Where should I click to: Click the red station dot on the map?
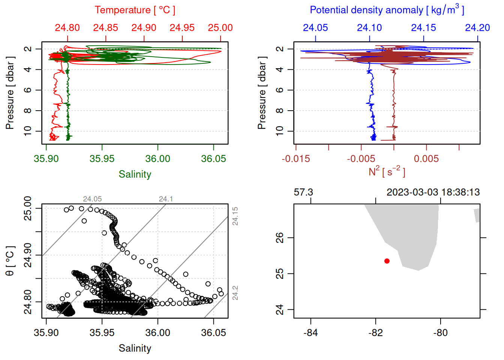(x=387, y=261)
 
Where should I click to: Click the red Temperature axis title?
(x=135, y=10)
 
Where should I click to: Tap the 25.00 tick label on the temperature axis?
(x=220, y=28)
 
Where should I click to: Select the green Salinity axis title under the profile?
(x=135, y=174)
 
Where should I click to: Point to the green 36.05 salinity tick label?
(x=213, y=159)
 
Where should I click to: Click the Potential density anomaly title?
(x=387, y=10)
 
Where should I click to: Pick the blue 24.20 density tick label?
(x=477, y=28)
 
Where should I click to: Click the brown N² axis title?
(x=387, y=172)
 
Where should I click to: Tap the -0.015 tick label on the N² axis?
(x=296, y=159)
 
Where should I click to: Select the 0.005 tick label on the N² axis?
(x=426, y=159)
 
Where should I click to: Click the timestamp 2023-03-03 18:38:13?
(x=433, y=192)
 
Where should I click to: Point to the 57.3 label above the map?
(x=303, y=192)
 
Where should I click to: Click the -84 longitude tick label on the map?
(x=311, y=333)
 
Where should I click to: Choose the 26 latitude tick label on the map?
(x=280, y=238)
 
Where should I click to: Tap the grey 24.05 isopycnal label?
(x=92, y=199)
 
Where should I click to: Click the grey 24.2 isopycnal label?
(x=235, y=293)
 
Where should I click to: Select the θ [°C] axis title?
(x=10, y=261)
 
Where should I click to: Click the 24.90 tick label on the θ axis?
(x=28, y=255)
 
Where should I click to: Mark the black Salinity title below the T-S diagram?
(x=135, y=348)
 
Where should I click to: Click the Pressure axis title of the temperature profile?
(x=10, y=93)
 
